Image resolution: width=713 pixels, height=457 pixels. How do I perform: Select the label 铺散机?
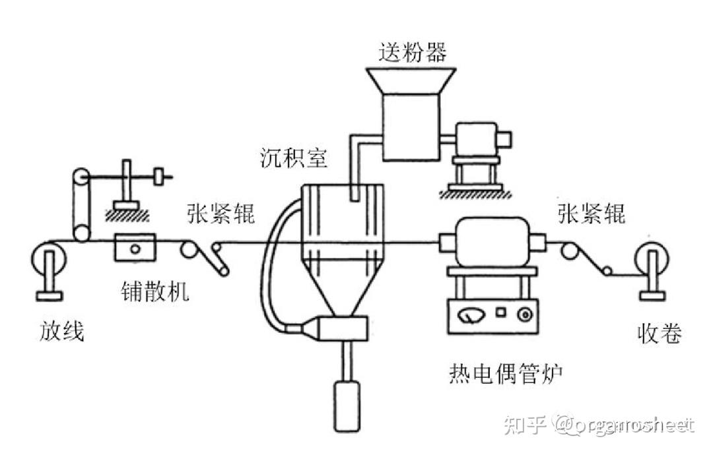[x=155, y=291]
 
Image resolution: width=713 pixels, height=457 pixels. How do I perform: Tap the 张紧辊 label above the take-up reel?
[x=592, y=214]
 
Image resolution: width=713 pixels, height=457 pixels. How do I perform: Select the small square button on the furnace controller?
[x=501, y=311]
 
